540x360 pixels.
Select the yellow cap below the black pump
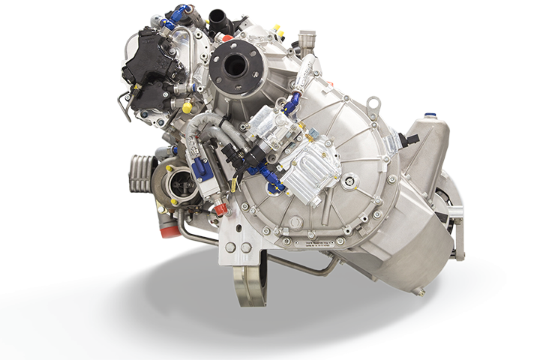tap(187, 107)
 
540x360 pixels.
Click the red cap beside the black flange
tap(227, 37)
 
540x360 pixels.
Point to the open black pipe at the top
tap(219, 19)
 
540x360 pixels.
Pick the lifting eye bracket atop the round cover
tap(373, 103)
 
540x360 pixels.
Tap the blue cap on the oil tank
tap(429, 115)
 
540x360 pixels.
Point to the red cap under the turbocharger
tap(170, 231)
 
